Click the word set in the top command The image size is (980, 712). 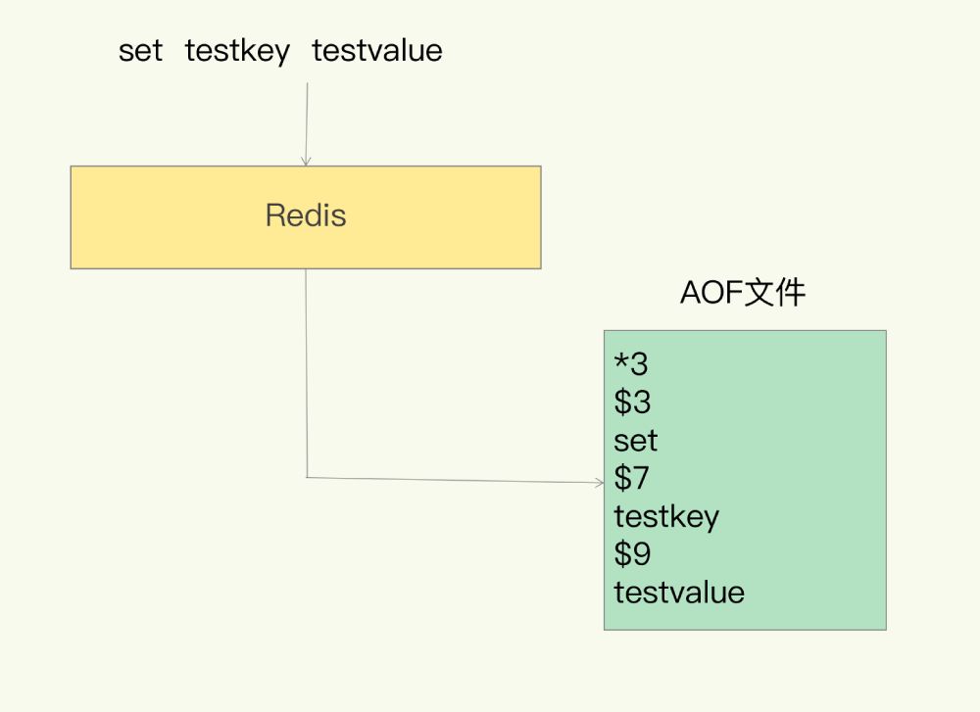[x=140, y=51]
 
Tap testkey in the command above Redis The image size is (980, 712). [x=237, y=51]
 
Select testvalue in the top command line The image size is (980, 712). [x=377, y=51]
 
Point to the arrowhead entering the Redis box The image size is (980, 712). [x=306, y=161]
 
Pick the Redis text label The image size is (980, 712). [x=306, y=215]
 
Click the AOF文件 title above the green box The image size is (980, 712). [x=743, y=293]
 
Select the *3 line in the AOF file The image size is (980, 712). [x=631, y=364]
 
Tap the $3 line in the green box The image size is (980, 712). [x=632, y=403]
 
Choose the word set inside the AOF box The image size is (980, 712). [x=636, y=441]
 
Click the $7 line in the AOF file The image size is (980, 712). [x=632, y=479]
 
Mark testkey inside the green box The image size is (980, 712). [x=666, y=517]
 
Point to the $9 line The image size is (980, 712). [x=632, y=555]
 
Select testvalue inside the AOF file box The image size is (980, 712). [x=679, y=593]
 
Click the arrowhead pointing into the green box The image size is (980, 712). [x=599, y=482]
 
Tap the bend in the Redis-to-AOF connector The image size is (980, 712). [x=307, y=477]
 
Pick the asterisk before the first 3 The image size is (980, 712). [x=620, y=361]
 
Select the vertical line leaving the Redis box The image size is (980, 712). [x=306, y=372]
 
